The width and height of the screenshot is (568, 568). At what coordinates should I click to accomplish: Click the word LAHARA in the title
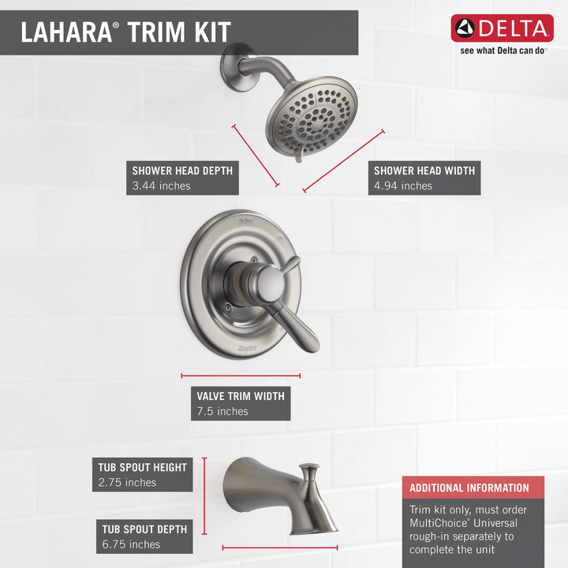point(65,32)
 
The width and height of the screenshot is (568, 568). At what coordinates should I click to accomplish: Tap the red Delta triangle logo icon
point(465,29)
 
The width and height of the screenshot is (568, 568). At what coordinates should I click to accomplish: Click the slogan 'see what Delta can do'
point(503,50)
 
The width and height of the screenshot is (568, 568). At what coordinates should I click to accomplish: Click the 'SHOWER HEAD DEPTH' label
point(182,170)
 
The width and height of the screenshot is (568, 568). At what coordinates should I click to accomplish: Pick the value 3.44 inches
point(161,186)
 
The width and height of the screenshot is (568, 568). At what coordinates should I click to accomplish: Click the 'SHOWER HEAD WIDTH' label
point(424,170)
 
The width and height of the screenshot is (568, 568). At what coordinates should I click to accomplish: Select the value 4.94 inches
point(403,186)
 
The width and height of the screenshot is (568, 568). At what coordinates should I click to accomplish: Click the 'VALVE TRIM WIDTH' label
point(241,395)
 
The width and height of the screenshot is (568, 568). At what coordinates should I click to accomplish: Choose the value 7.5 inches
point(222,411)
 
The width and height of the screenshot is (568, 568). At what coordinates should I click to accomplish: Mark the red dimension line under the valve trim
point(241,376)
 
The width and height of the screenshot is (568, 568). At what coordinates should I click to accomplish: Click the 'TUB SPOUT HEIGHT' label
point(143,467)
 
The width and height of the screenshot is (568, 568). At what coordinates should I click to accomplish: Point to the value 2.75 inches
point(127,483)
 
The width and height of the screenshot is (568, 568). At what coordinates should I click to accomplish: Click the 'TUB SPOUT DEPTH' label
point(142,529)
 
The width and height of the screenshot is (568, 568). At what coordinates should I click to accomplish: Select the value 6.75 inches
point(130,544)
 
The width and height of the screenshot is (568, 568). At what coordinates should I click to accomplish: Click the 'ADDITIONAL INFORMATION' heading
point(469,488)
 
